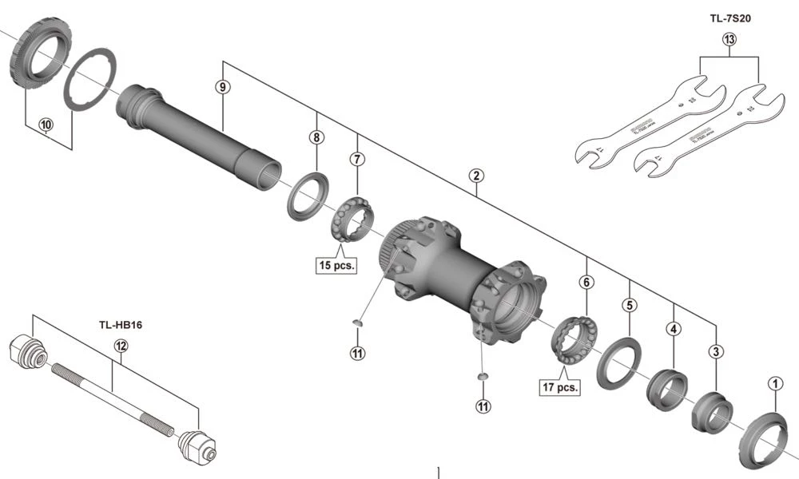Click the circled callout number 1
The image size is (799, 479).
pos(773,383)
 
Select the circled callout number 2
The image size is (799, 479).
pos(475,175)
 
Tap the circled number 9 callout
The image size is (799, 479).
pos(223,86)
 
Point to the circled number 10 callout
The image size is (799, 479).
pos(45,125)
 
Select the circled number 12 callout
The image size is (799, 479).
pos(121,346)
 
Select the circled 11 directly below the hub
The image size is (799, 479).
pos(483,406)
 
